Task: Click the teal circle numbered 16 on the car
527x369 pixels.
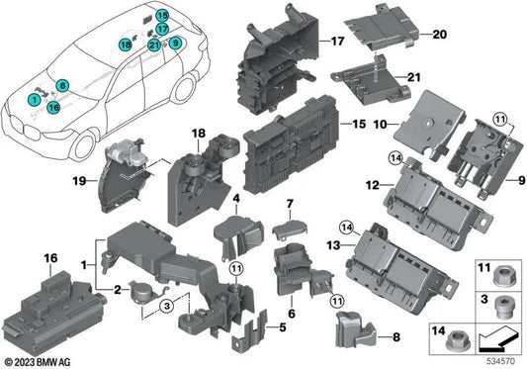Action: [x=53, y=105]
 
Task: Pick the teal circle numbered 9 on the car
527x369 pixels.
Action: [x=175, y=44]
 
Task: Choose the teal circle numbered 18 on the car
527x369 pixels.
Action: [x=126, y=46]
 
